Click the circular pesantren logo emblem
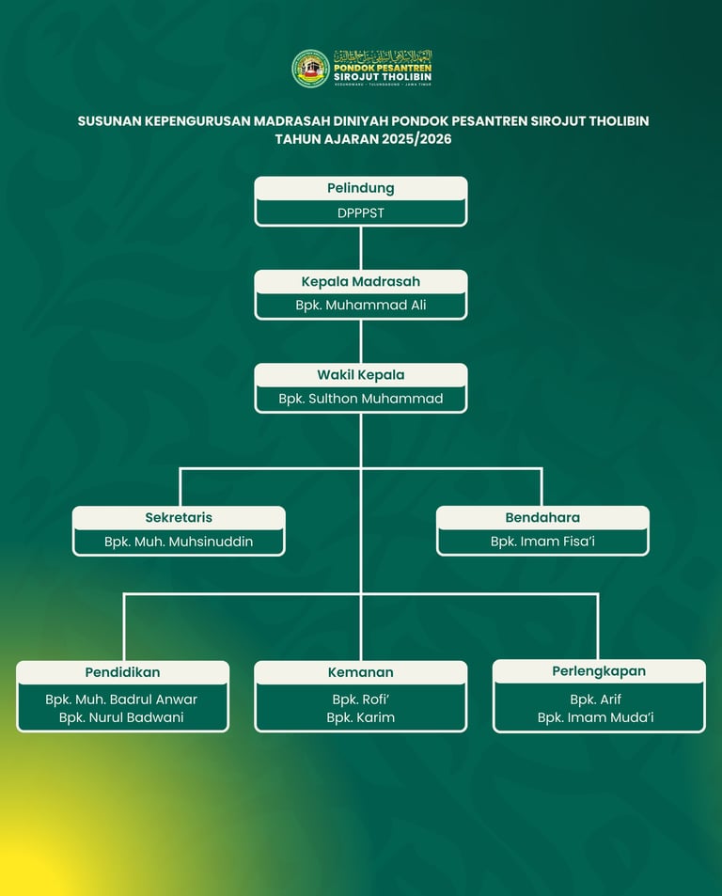tap(310, 69)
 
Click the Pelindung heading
tap(361, 188)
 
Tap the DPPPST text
tap(361, 212)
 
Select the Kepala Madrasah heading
tap(361, 281)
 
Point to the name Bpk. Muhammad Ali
tap(361, 306)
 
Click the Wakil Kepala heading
tap(361, 374)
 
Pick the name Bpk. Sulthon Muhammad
tap(361, 399)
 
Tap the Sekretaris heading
tap(179, 517)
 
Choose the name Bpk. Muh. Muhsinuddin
tap(179, 542)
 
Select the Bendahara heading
tap(542, 517)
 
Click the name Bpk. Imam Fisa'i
tap(542, 542)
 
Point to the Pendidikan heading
tap(122, 672)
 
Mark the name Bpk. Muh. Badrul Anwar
tap(121, 700)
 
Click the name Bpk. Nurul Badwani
tap(121, 717)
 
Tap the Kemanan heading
tap(361, 672)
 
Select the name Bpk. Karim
tap(361, 717)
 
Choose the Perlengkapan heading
tap(599, 671)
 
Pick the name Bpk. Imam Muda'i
tap(596, 717)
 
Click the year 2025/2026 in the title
tap(410, 139)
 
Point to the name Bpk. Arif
tap(596, 700)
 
